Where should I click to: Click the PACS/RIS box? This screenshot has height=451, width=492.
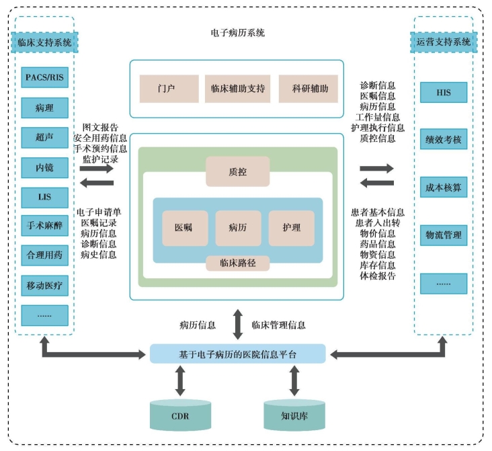tap(44, 77)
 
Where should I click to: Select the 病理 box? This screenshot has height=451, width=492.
tap(44, 107)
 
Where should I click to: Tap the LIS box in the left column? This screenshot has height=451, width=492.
tap(44, 197)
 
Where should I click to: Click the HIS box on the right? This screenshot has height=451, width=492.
tap(443, 92)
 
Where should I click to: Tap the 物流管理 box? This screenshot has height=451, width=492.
tap(443, 235)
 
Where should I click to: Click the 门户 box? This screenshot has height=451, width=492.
tap(168, 88)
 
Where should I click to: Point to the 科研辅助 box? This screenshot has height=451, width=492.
tap(309, 88)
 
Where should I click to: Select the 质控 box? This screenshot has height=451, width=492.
tap(237, 171)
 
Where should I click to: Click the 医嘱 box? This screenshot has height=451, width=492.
tap(184, 228)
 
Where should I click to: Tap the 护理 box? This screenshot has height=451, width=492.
tap(291, 228)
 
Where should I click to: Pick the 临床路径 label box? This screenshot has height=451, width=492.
tap(237, 262)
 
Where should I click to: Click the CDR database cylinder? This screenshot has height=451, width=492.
tap(180, 415)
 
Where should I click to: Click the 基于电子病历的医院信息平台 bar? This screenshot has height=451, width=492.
tap(237, 354)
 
